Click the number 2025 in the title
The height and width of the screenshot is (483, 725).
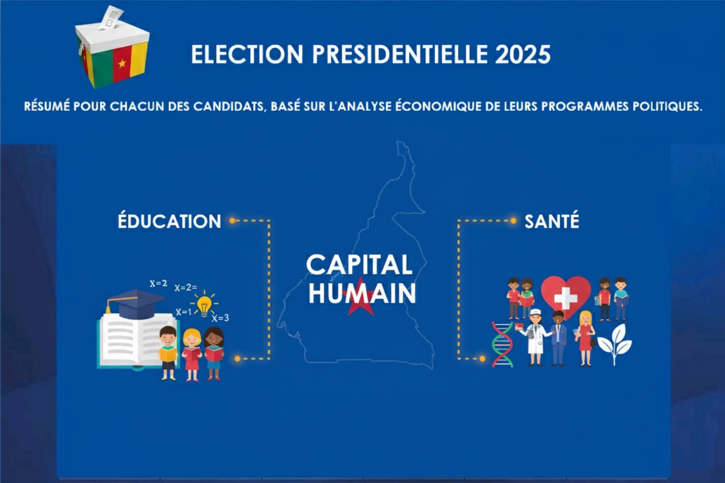pyautogui.click(x=522, y=54)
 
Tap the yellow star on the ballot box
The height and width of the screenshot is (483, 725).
pyautogui.click(x=122, y=63)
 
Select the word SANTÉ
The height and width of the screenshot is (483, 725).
pyautogui.click(x=552, y=221)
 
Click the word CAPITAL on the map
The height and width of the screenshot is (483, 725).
pyautogui.click(x=359, y=265)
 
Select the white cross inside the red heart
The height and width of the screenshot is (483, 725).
pyautogui.click(x=566, y=298)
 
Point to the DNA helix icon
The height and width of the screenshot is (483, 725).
pyautogui.click(x=503, y=344)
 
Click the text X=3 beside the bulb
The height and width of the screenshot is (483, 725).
pyautogui.click(x=220, y=318)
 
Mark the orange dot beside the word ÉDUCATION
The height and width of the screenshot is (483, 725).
pyautogui.click(x=232, y=221)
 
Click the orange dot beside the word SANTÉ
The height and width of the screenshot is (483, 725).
pyautogui.click(x=513, y=221)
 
